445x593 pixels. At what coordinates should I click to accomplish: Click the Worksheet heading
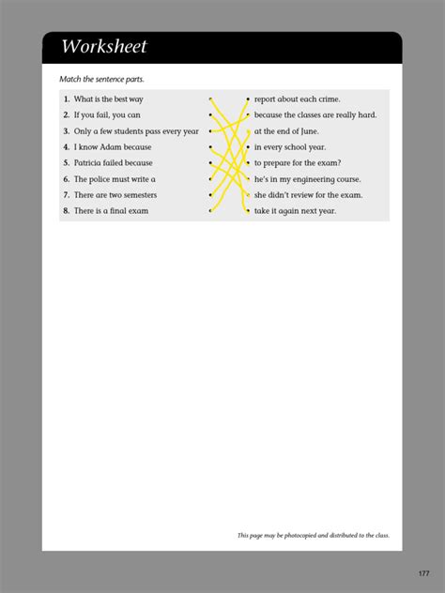pyautogui.click(x=104, y=47)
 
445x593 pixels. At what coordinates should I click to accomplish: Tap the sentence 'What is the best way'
pyautogui.click(x=108, y=99)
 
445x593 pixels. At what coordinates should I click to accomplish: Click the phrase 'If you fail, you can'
pyautogui.click(x=107, y=114)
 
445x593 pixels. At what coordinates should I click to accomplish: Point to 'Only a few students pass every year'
pyautogui.click(x=136, y=130)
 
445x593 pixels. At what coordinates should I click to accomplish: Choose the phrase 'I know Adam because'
pyautogui.click(x=112, y=147)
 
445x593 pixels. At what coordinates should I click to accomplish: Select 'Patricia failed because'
pyautogui.click(x=113, y=162)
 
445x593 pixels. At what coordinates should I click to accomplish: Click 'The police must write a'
pyautogui.click(x=115, y=178)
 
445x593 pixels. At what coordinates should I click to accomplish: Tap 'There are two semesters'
pyautogui.click(x=115, y=195)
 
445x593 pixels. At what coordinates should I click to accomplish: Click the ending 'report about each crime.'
pyautogui.click(x=297, y=99)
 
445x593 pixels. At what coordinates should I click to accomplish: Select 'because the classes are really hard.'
pyautogui.click(x=315, y=114)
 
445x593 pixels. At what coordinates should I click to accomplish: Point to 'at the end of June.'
pyautogui.click(x=288, y=131)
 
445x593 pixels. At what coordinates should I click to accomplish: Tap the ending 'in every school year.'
pyautogui.click(x=291, y=147)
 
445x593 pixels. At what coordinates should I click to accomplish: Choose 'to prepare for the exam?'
pyautogui.click(x=298, y=163)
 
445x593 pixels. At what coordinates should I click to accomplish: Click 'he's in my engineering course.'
pyautogui.click(x=307, y=179)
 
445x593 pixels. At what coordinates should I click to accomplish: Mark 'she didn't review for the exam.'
pyautogui.click(x=308, y=195)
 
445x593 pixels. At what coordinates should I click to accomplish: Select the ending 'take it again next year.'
pyautogui.click(x=295, y=211)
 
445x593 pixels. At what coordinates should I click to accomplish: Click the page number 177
pyautogui.click(x=424, y=573)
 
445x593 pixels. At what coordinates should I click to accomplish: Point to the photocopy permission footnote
pyautogui.click(x=313, y=536)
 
